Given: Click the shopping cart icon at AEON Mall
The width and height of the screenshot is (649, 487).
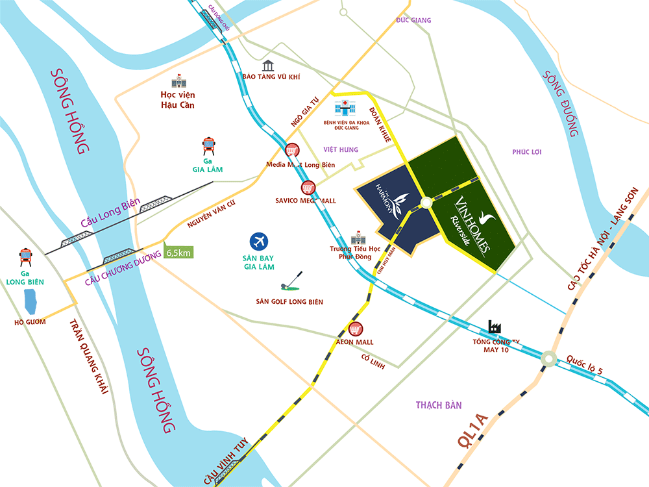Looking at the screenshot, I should pos(355,329).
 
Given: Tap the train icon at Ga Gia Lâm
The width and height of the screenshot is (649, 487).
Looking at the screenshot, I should pos(210,147).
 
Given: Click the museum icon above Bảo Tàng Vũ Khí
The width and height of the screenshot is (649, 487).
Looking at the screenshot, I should pos(268,65).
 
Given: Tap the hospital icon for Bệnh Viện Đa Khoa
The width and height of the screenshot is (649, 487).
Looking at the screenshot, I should pos(342,108).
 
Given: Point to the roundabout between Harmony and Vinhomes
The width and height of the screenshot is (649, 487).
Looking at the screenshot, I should pos(426,203).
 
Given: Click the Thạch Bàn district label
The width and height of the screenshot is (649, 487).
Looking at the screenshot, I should pos(439,405).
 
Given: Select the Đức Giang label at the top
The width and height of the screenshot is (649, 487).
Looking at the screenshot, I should pos(413,21).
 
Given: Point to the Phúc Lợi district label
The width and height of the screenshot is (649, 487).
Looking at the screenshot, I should pos(526,152).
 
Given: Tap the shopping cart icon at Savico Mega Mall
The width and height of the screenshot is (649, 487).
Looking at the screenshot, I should pos(307,188).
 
